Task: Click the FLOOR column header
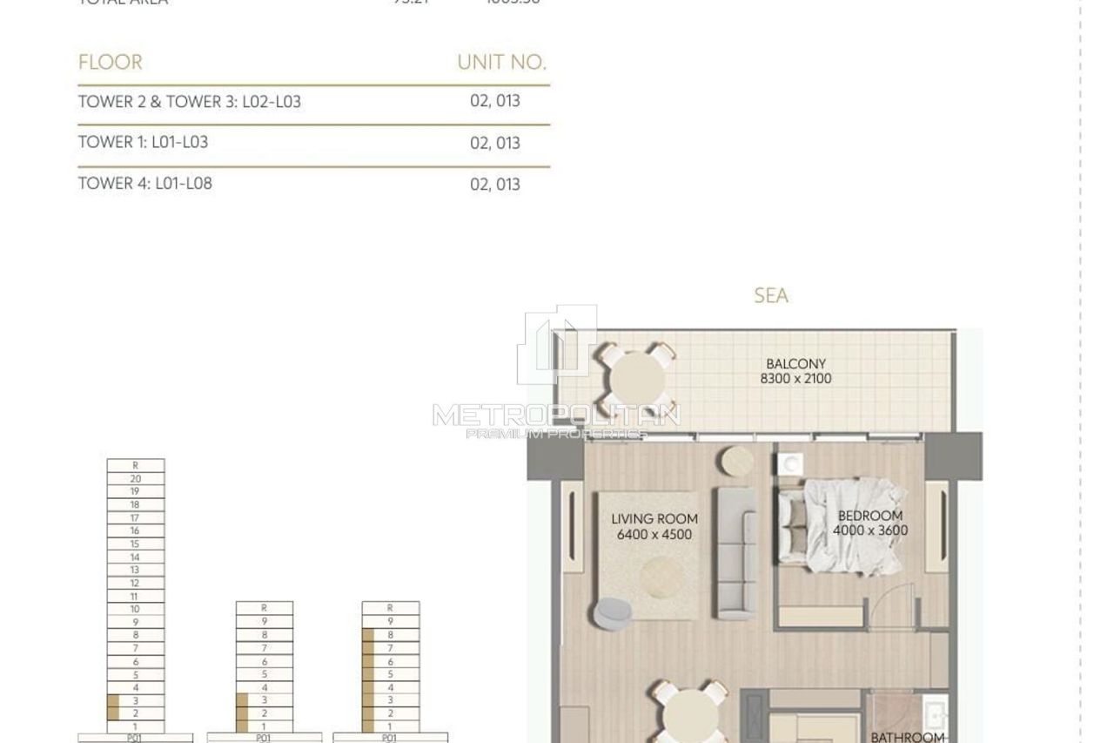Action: [x=110, y=63]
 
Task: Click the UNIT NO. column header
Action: [x=501, y=63]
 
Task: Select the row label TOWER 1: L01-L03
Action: [x=143, y=142]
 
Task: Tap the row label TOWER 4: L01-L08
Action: [x=144, y=184]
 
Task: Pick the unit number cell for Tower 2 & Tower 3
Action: [x=494, y=101]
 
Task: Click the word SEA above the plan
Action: [x=771, y=296]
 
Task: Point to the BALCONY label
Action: [x=795, y=364]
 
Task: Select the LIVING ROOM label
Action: [x=654, y=519]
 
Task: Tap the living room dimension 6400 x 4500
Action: [x=654, y=535]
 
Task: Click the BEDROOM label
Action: [x=870, y=516]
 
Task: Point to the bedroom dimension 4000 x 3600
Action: [x=870, y=530]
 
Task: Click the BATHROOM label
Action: [x=907, y=737]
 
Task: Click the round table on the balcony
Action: [x=637, y=380]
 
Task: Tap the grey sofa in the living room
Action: [x=735, y=553]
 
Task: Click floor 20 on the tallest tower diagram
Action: [x=135, y=479]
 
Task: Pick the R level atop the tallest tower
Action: [x=135, y=466]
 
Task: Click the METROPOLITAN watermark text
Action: [x=556, y=415]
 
